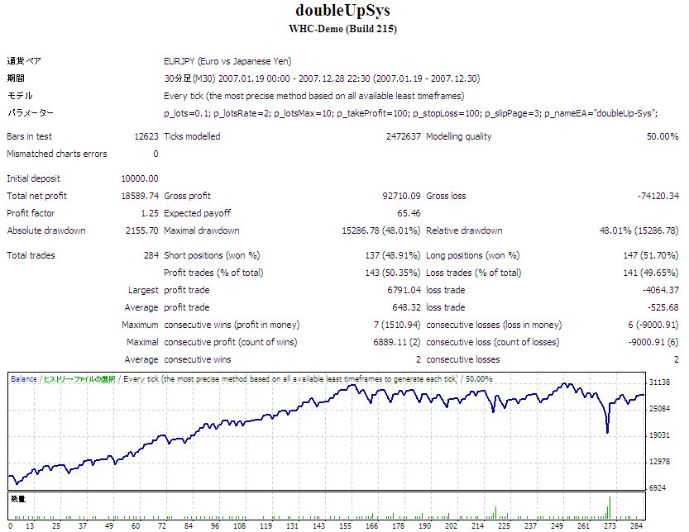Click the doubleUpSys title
pyautogui.click(x=343, y=12)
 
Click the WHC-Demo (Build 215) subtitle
pyautogui.click(x=343, y=29)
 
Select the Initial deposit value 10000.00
pyautogui.click(x=139, y=178)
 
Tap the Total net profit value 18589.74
pyautogui.click(x=139, y=196)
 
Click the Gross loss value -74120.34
pyautogui.click(x=658, y=196)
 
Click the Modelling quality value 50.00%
pyautogui.click(x=663, y=136)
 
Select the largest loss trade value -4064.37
pyautogui.click(x=660, y=291)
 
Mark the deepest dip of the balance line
pyautogui.click(x=608, y=432)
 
